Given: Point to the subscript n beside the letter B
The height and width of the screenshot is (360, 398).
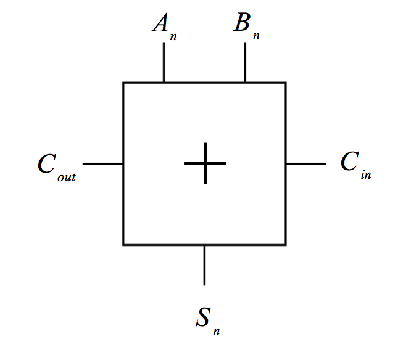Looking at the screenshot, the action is tap(256, 35).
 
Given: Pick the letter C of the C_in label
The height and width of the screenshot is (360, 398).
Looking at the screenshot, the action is tap(348, 162).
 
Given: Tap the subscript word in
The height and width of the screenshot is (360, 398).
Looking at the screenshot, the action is tap(366, 175).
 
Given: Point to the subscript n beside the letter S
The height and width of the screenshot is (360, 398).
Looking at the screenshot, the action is tap(217, 332).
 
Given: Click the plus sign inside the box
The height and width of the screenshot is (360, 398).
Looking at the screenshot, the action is tap(205, 163).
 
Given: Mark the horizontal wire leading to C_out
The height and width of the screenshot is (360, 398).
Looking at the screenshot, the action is tap(103, 164).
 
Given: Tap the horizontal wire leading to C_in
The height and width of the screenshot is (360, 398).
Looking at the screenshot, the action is tap(306, 164).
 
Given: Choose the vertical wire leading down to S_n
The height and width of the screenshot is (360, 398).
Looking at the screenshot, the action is tap(204, 265).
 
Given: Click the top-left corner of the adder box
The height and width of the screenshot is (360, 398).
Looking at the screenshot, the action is tap(123, 83).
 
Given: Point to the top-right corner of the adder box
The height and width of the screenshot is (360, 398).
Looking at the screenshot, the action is tap(286, 83).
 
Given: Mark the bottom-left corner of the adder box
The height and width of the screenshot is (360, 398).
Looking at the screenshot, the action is tap(123, 245).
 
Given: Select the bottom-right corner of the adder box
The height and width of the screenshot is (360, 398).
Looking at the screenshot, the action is tap(286, 245).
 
